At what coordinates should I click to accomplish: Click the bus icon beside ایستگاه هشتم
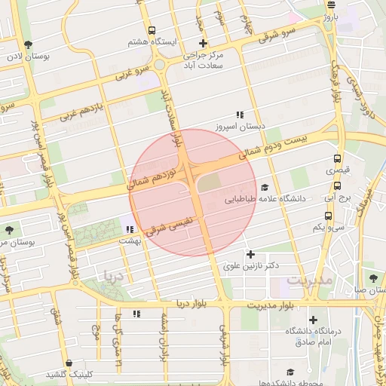(x=152, y=31)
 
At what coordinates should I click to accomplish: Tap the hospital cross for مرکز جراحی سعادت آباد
(x=203, y=43)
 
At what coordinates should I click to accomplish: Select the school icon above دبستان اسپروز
(x=240, y=115)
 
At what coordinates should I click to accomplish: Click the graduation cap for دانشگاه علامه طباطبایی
(x=264, y=187)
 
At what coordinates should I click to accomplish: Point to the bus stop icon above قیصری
(x=337, y=159)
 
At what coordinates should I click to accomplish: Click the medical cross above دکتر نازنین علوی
(x=251, y=254)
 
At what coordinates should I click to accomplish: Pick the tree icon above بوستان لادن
(x=28, y=44)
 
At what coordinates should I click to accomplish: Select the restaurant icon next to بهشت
(x=130, y=228)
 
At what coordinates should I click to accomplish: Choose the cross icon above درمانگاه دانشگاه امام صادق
(x=313, y=320)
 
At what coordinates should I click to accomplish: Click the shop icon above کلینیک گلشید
(x=69, y=363)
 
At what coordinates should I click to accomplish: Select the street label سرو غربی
(x=133, y=74)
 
